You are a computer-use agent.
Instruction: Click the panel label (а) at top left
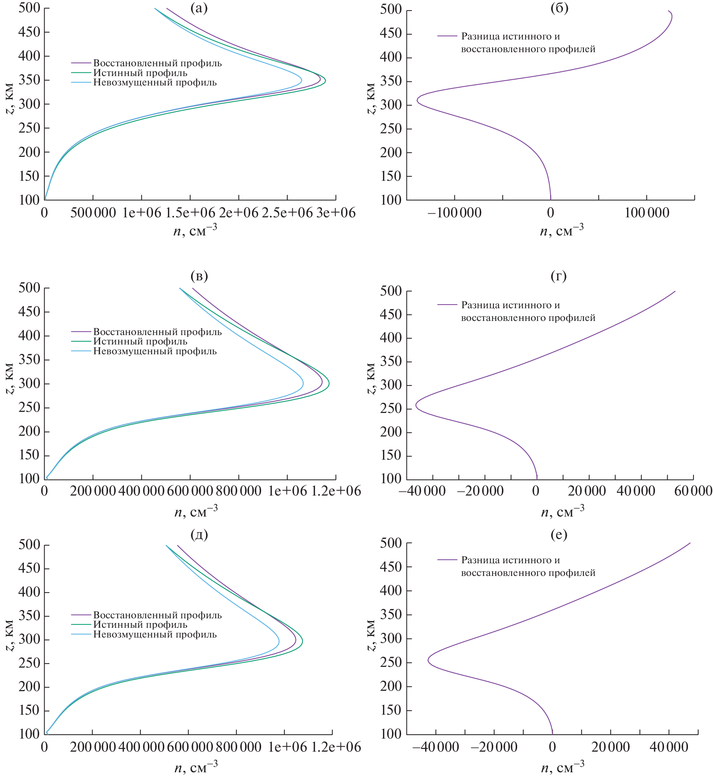pos(199,8)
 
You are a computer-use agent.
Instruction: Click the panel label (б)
pos(559,8)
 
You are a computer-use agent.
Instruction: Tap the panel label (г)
pos(559,276)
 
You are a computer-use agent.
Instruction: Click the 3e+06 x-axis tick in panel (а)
pos(336,213)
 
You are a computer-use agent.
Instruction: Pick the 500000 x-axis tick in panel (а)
pos(93,213)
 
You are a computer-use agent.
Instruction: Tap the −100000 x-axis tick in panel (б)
pos(454,213)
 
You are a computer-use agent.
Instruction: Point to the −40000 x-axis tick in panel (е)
pos(436,747)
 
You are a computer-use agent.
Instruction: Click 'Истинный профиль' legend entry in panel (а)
pos(140,73)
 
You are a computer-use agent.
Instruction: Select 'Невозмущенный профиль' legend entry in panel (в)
pos(155,351)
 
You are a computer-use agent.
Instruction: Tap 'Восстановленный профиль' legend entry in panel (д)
pos(157,615)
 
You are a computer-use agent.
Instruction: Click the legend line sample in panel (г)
pos(447,305)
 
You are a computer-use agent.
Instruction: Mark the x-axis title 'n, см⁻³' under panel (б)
pos(561,230)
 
